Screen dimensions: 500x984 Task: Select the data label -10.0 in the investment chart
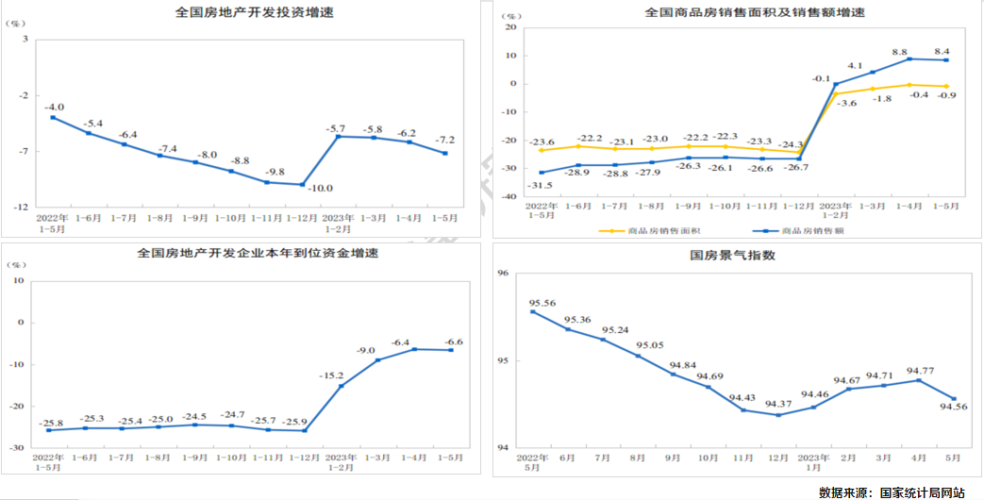coord(321,189)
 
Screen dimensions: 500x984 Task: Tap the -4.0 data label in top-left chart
coord(56,107)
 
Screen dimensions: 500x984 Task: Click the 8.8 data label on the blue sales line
coord(899,52)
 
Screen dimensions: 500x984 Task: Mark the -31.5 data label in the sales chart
coord(539,185)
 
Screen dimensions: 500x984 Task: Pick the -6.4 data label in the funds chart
coord(401,342)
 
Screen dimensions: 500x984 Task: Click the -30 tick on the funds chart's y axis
coord(16,447)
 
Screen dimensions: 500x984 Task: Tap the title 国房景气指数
coord(732,256)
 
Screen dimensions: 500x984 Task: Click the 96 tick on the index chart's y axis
coord(501,274)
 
